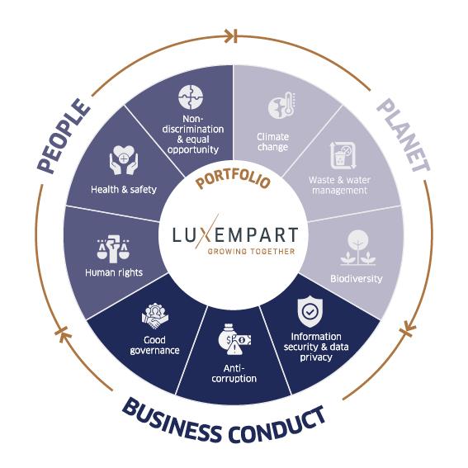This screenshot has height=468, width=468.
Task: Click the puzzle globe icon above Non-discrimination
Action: click(191, 97)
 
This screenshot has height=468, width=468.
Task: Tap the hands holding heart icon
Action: click(123, 160)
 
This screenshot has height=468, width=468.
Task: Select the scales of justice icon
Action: click(113, 248)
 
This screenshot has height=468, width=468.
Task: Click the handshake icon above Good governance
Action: click(154, 316)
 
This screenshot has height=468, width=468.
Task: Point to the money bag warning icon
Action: click(234, 339)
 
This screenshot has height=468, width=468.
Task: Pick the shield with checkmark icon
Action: click(310, 311)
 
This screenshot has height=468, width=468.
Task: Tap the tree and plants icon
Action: click(357, 248)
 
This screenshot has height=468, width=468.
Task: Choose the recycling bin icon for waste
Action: click(343, 155)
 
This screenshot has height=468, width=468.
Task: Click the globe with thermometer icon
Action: click(281, 106)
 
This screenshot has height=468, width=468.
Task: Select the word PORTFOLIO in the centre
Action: click(233, 178)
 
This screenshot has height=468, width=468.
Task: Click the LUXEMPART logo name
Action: click(235, 234)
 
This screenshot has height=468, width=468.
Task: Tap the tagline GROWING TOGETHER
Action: click(251, 251)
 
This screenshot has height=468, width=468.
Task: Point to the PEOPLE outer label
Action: click(64, 136)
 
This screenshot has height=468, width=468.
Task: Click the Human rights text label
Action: click(114, 272)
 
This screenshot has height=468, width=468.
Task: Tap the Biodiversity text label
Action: click(357, 278)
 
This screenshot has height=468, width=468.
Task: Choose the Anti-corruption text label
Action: click(234, 373)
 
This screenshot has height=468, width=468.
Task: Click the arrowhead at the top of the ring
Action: click(231, 36)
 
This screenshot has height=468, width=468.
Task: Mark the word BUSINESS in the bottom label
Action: click(172, 420)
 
